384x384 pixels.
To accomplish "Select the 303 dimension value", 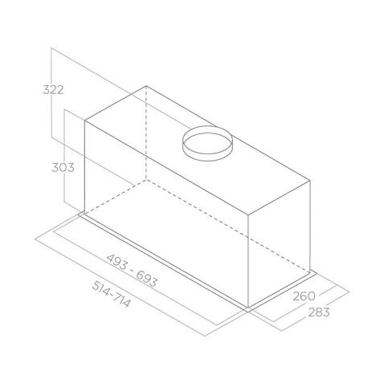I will pos(62,168).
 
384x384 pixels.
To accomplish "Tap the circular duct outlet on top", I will pos(207,145).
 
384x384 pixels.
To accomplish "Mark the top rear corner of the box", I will pos(145,85).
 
